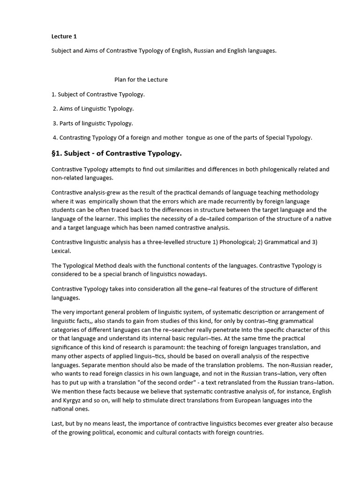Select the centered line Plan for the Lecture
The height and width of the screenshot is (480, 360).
click(x=141, y=80)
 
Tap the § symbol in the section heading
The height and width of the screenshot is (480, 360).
click(x=54, y=153)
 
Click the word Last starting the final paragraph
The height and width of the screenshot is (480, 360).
click(x=58, y=423)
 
